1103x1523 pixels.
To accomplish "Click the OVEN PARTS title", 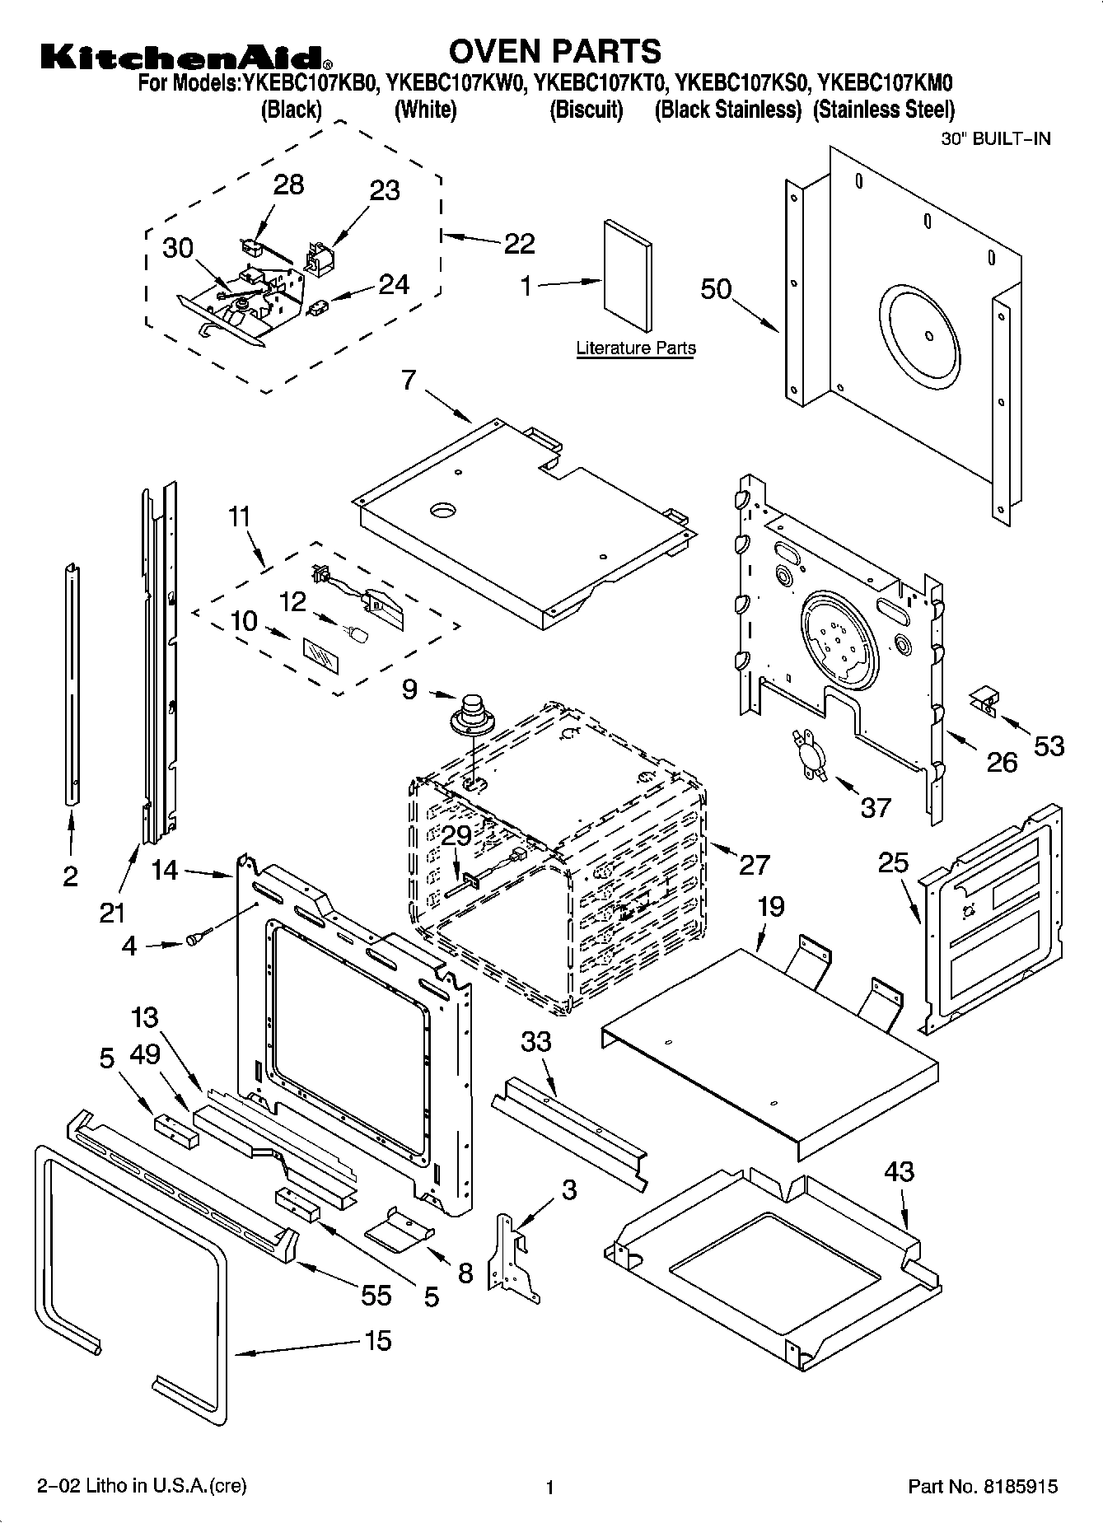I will point(554,51).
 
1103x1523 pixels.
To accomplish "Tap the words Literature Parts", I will point(635,348).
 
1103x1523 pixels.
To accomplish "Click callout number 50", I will point(716,289).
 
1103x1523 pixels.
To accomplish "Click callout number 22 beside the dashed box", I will point(519,243).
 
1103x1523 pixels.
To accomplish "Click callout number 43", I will point(899,1171).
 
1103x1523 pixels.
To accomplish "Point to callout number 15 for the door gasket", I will point(377,1340).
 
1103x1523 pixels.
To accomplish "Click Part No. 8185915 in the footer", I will point(982,1487).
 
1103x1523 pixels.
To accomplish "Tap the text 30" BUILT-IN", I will point(996,138).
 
